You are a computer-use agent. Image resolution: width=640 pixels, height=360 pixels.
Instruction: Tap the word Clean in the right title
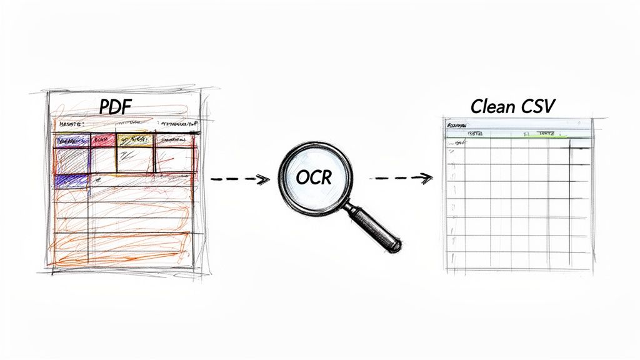(x=492, y=106)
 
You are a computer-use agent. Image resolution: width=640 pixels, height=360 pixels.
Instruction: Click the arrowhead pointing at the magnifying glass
(x=264, y=179)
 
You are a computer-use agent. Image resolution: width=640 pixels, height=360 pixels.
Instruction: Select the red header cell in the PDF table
(x=102, y=140)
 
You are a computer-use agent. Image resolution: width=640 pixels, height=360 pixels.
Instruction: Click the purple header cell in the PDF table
(x=71, y=140)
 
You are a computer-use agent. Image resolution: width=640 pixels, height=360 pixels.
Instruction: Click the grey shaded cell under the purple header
(x=71, y=160)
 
